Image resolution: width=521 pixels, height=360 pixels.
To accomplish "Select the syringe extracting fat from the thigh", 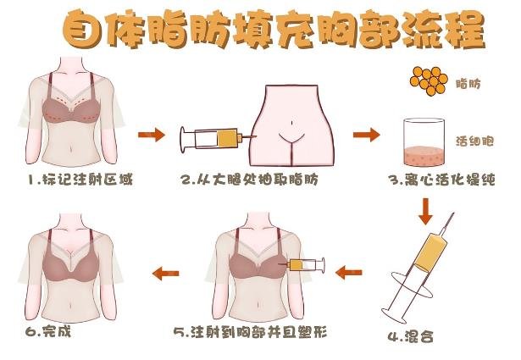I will pyautogui.click(x=216, y=137).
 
